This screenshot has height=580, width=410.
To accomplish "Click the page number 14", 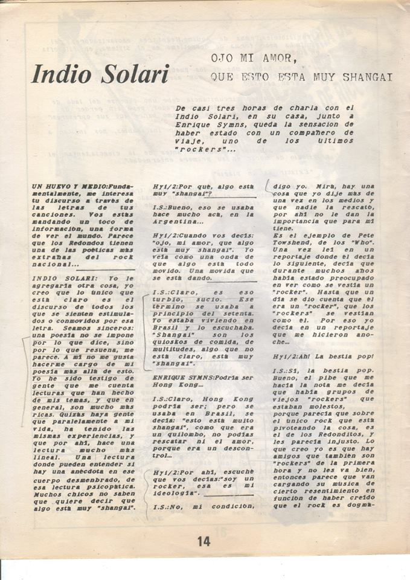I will [x=203, y=541].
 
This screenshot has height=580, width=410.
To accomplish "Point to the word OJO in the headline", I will [x=220, y=58].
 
